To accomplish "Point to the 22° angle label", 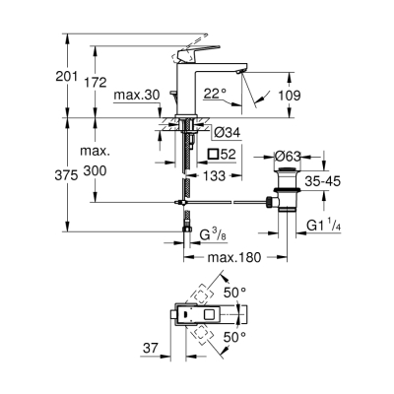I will [216, 96].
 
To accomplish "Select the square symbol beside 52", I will [214, 155].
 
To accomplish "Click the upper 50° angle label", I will [258, 293].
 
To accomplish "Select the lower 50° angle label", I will [258, 337].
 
